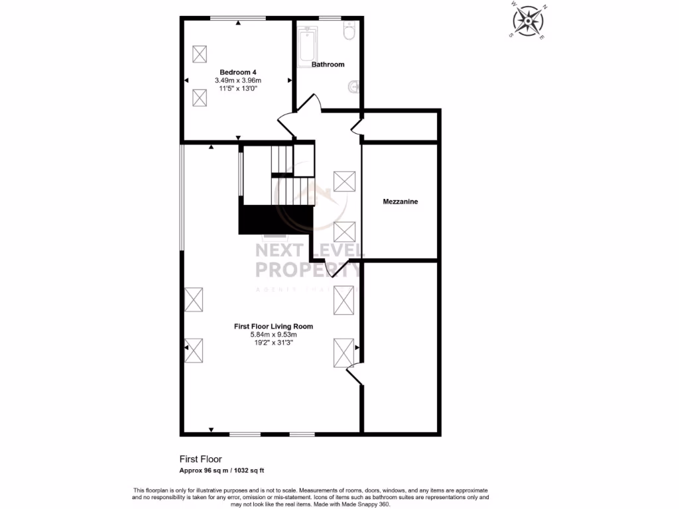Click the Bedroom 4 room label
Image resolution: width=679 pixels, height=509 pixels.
point(238,72)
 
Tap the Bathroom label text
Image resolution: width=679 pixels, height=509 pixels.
point(328,64)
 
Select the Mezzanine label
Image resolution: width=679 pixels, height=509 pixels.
point(401,201)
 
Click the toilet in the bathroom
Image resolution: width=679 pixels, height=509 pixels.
point(350,31)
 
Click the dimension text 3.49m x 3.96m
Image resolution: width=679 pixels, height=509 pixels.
point(238,80)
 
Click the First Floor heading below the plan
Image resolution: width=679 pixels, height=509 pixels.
point(200,459)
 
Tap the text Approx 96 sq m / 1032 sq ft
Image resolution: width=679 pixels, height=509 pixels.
point(222,471)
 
